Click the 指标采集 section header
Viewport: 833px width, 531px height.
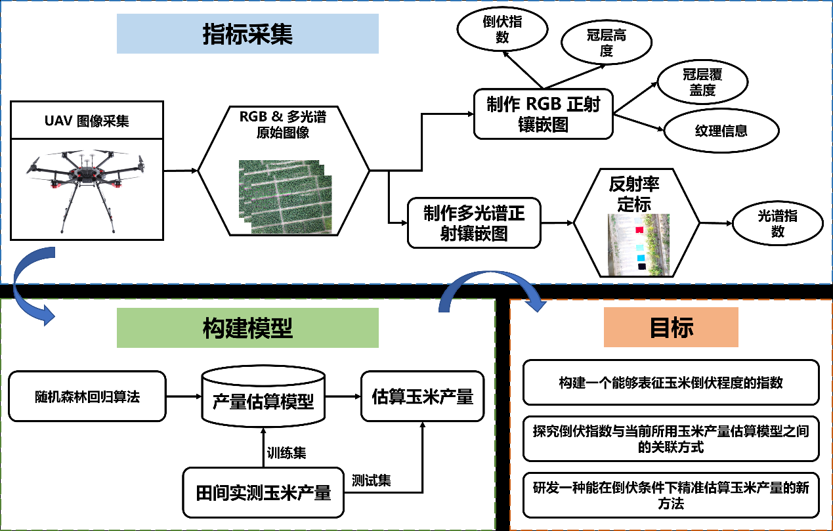point(247,34)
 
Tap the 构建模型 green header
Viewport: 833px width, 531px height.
point(247,328)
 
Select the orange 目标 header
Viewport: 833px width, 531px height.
point(671,327)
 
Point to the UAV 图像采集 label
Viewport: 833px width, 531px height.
point(87,121)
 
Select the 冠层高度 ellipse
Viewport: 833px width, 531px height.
point(606,43)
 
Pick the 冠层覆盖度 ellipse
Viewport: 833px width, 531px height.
point(702,83)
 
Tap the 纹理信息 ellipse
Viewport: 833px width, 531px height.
point(721,131)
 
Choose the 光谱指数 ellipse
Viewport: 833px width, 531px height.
point(777,224)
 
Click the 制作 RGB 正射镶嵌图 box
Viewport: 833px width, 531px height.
point(543,114)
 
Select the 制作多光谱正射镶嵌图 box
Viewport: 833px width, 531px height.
point(473,223)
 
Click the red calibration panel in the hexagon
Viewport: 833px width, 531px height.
point(639,230)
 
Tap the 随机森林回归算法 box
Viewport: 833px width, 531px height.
point(87,396)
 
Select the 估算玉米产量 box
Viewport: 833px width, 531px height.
point(422,396)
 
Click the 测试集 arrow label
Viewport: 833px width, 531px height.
point(371,480)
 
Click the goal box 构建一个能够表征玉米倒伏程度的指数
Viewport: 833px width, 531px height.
point(670,382)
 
